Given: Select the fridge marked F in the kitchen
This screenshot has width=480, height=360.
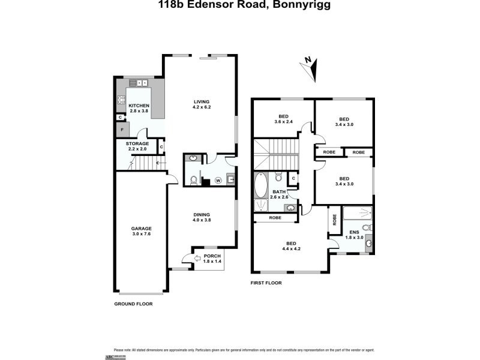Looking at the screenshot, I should pyautogui.click(x=122, y=130).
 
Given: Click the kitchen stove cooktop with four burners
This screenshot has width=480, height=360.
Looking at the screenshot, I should pyautogui.click(x=121, y=100).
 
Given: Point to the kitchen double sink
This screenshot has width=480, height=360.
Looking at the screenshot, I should pyautogui.click(x=142, y=83).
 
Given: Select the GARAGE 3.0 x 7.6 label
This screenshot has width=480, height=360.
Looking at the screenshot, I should pyautogui.click(x=142, y=232).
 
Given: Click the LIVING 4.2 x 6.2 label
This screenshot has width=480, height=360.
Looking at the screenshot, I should pyautogui.click(x=201, y=104).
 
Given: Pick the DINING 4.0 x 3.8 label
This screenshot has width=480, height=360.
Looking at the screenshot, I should pyautogui.click(x=201, y=217).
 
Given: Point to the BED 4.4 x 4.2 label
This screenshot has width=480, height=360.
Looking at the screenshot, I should pyautogui.click(x=290, y=247).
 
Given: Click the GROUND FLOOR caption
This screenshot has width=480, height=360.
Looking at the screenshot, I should pyautogui.click(x=133, y=304).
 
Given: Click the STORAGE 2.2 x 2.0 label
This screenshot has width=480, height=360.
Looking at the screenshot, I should pyautogui.click(x=137, y=146).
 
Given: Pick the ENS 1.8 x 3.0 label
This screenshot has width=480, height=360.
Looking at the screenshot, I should pyautogui.click(x=355, y=235).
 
